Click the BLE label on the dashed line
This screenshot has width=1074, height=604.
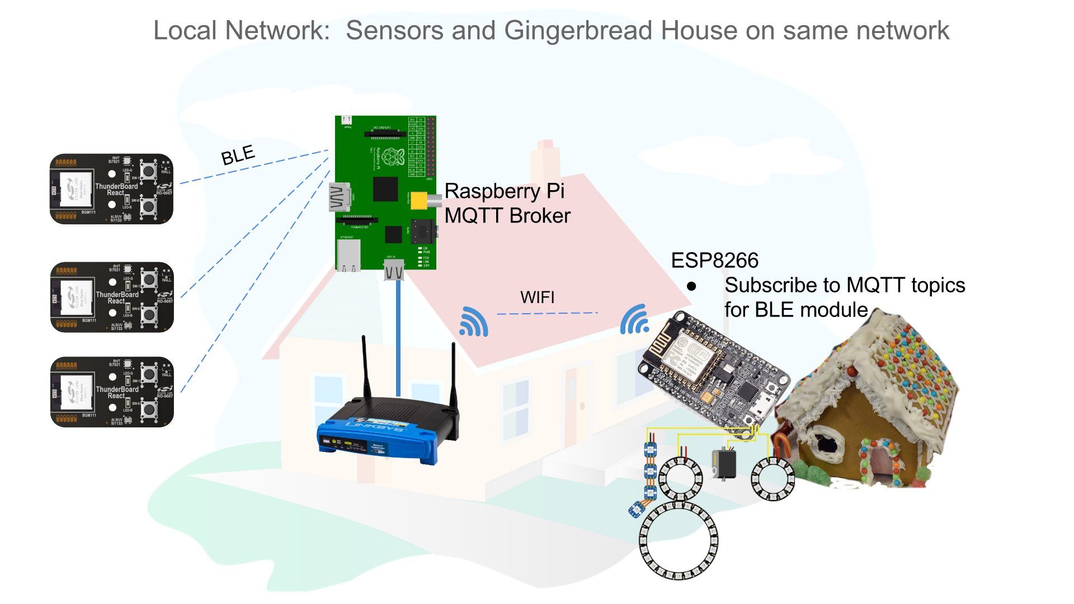pos(238,155)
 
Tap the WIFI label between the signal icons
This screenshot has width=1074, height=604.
pos(537,297)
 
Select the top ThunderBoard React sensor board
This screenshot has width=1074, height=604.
pos(111,189)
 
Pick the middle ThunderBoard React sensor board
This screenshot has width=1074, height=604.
pos(112,297)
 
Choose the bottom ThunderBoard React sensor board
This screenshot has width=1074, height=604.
pos(112,392)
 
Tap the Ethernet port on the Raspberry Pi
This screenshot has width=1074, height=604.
pos(348,256)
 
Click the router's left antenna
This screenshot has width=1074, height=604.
pos(366,369)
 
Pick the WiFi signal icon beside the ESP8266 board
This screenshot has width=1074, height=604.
pos(634,320)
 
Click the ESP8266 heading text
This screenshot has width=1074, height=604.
pos(714,261)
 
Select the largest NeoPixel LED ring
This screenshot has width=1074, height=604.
pos(678,540)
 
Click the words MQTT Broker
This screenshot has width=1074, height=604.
pos(507,216)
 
